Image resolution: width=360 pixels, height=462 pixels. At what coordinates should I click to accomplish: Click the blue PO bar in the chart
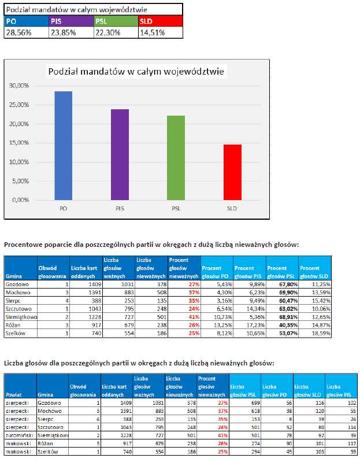click(64, 145)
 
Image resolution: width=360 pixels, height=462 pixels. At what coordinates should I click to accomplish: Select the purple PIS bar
click(120, 154)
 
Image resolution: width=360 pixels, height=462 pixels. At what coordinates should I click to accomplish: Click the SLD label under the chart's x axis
click(232, 208)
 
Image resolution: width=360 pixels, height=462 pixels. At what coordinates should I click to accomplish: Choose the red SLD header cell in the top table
click(160, 22)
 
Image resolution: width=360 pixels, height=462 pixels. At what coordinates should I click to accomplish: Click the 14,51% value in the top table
click(152, 32)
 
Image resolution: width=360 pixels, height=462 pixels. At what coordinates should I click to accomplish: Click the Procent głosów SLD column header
click(316, 271)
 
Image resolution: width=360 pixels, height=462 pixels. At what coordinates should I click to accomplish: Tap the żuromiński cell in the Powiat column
click(19, 435)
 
